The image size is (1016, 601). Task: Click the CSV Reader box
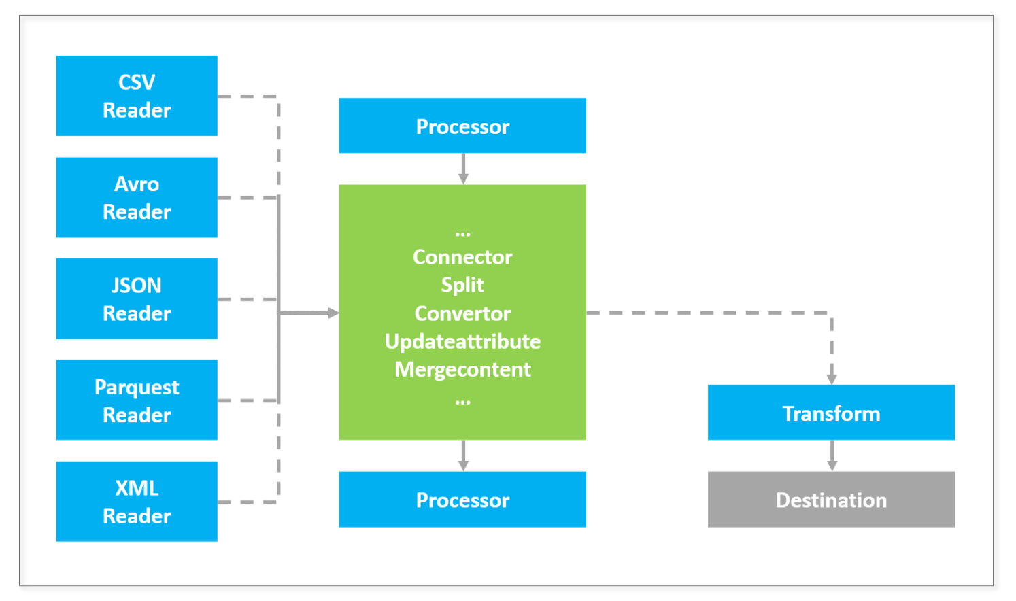[137, 96]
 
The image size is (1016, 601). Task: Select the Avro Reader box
[137, 197]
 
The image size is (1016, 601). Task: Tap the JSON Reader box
[137, 299]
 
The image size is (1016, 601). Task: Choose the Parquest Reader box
[137, 400]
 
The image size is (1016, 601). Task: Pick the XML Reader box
[137, 502]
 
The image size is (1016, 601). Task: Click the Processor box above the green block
[462, 126]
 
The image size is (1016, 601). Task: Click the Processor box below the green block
[462, 500]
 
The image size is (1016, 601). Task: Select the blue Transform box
[832, 413]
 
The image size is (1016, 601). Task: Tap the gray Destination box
[832, 500]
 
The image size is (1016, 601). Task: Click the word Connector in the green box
[462, 257]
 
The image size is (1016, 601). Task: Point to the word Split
[462, 286]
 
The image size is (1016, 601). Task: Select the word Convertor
[462, 313]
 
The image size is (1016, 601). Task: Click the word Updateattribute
[462, 341]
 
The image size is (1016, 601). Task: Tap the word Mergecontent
[462, 370]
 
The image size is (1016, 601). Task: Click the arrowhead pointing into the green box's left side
[333, 313]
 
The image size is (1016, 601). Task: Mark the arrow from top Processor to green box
[463, 169]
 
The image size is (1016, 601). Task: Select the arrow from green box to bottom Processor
[463, 456]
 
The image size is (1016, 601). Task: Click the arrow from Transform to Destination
[832, 456]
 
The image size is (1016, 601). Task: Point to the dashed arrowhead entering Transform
[832, 379]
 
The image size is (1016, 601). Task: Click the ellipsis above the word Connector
[462, 234]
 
